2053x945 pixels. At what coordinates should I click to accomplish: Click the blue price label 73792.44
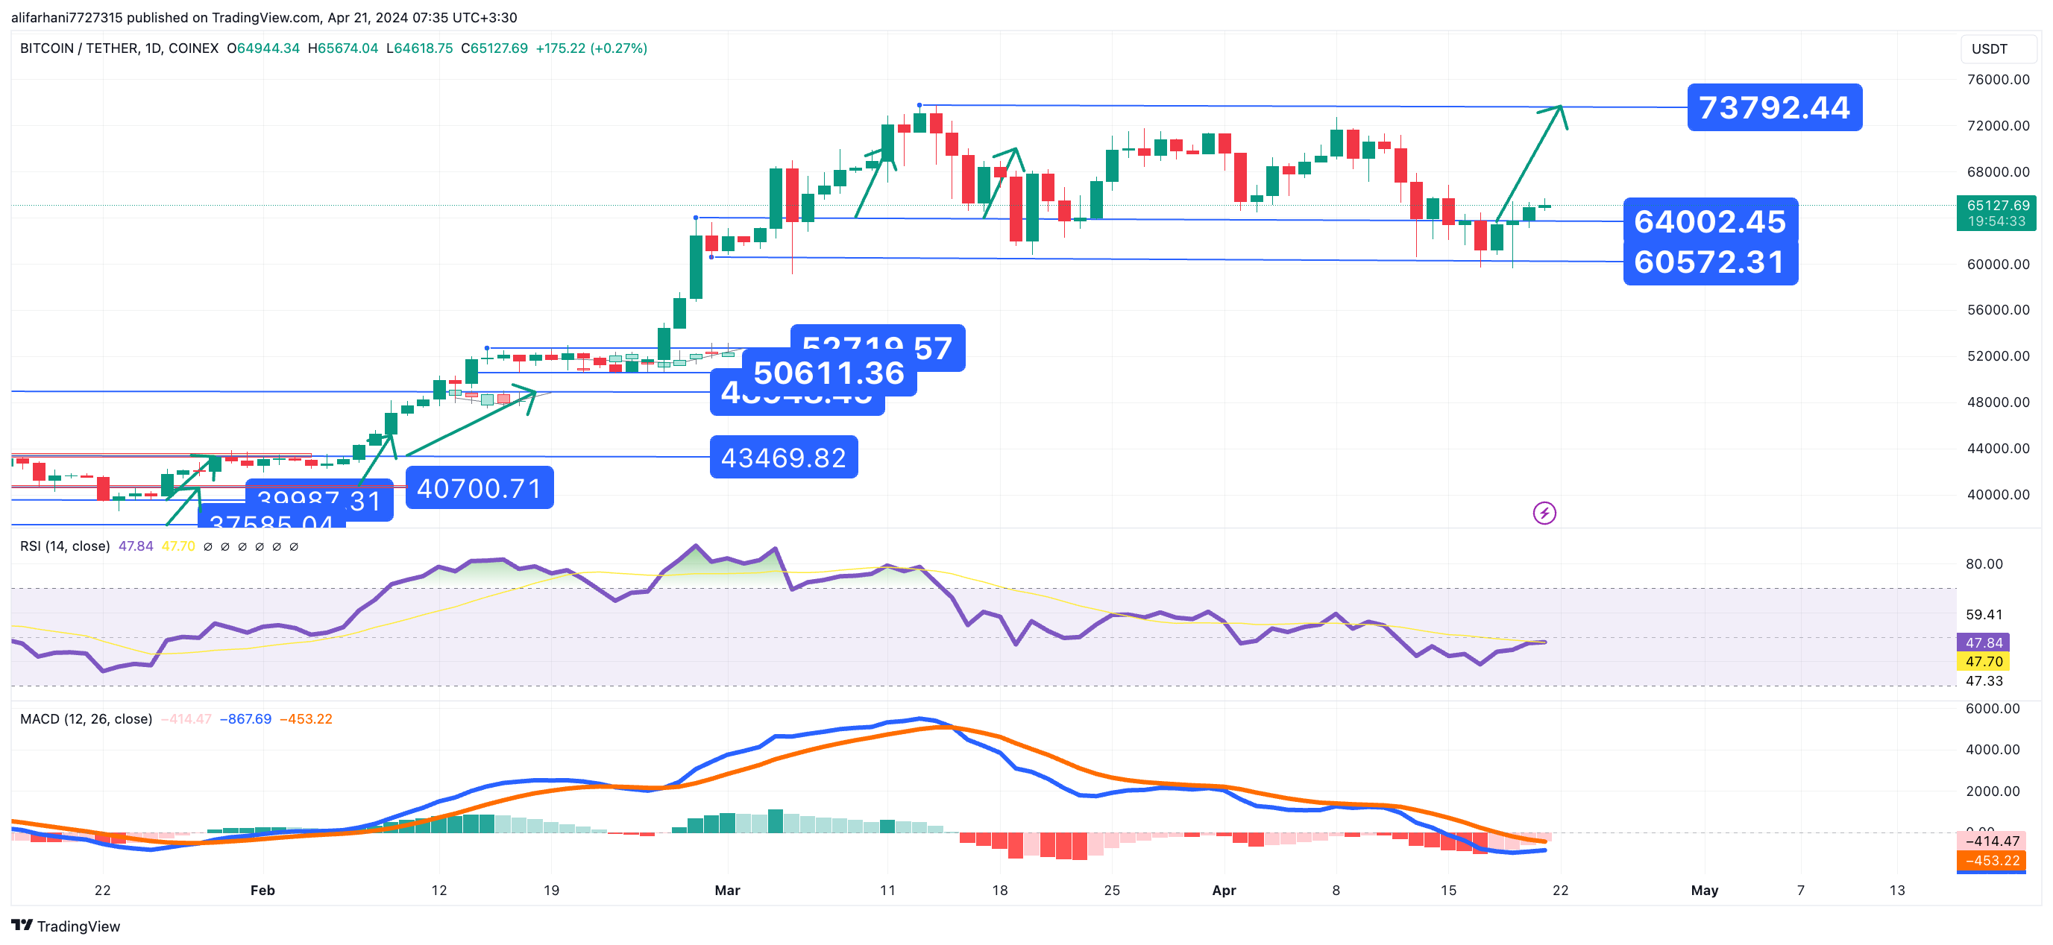[1774, 107]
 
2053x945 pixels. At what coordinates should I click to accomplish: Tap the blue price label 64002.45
[1709, 221]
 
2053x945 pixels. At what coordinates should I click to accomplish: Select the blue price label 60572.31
[1709, 262]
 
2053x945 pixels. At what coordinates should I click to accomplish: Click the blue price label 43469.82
[784, 458]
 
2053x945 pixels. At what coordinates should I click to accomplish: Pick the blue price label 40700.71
[479, 487]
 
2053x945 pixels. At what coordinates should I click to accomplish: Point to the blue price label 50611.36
[829, 373]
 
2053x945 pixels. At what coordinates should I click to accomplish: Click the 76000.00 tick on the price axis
[1998, 80]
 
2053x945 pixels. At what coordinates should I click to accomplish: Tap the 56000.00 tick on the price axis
[1998, 310]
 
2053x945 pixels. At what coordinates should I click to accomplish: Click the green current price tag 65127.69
[1997, 206]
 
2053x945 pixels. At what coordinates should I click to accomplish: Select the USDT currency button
[1990, 48]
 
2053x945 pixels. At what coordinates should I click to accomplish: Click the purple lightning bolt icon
[1544, 513]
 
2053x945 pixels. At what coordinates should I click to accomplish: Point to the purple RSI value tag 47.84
[1984, 643]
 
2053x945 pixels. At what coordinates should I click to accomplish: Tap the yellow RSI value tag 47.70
[1984, 661]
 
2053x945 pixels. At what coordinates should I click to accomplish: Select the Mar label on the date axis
[727, 890]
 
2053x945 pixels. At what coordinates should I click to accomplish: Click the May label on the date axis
[1704, 890]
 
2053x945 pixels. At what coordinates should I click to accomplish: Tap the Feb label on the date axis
[262, 890]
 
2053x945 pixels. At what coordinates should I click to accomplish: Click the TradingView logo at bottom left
[66, 926]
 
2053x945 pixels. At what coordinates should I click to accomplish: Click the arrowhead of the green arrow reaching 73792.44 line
[1559, 108]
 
